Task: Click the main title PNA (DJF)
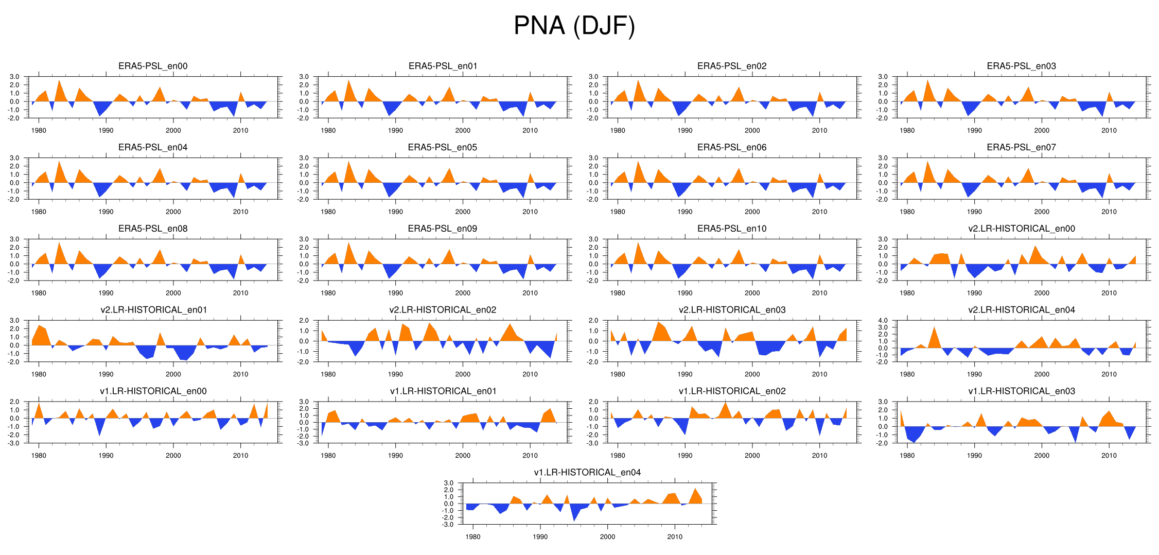click(574, 26)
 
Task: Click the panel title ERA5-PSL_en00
click(153, 66)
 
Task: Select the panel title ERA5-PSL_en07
click(1021, 147)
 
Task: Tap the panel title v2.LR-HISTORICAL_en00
click(1021, 229)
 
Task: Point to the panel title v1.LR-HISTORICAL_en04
click(587, 472)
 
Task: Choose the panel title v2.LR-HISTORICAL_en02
click(443, 310)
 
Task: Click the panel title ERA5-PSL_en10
click(732, 229)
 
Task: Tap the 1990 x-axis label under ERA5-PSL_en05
click(395, 212)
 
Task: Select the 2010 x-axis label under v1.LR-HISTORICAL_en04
click(675, 536)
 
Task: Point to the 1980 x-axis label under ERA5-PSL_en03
click(907, 130)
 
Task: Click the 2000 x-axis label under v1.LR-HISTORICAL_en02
click(752, 455)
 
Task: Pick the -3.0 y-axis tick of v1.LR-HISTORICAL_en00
click(14, 443)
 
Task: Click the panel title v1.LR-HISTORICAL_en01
click(443, 391)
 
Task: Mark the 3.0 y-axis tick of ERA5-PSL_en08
click(14, 239)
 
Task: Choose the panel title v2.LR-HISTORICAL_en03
click(732, 310)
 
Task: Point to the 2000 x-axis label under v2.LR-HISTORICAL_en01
click(173, 374)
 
